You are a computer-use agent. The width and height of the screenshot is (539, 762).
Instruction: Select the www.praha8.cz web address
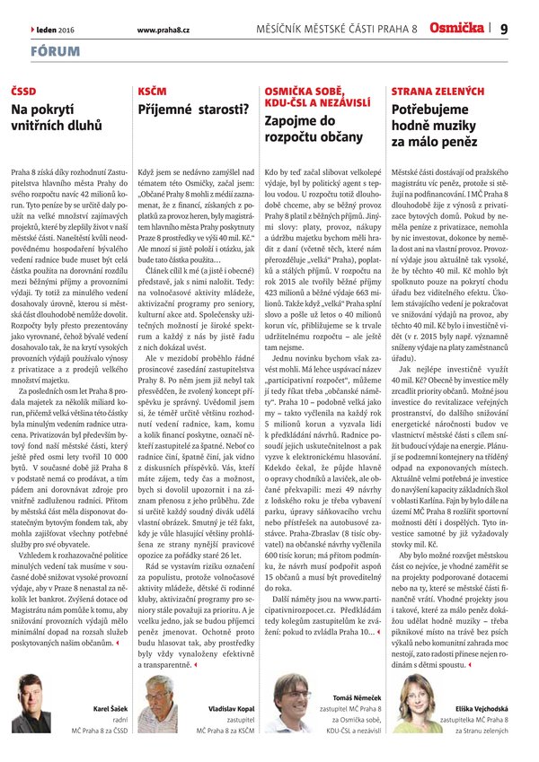coord(162,30)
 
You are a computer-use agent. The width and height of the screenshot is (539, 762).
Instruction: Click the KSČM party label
coord(152,92)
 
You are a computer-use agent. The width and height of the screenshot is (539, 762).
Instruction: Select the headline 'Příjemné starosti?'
coord(193,109)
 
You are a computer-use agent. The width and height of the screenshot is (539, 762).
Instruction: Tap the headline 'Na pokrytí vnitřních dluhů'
coord(57,118)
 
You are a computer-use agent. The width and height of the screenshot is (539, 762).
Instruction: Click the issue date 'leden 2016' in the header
coord(56,30)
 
